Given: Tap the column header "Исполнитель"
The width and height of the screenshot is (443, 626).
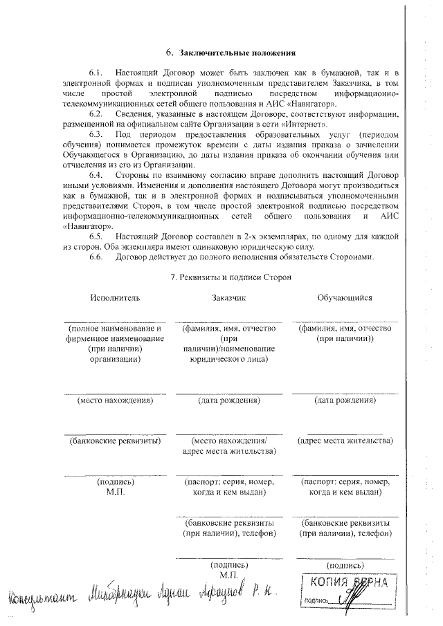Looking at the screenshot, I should (114, 297).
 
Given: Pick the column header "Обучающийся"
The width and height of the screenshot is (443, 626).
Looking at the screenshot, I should (345, 297).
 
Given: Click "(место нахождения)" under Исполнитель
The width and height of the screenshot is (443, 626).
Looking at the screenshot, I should (114, 400).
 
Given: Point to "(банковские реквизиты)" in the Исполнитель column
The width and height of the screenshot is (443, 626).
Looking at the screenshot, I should (114, 440).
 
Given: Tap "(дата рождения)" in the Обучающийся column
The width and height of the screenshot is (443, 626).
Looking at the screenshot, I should (345, 400).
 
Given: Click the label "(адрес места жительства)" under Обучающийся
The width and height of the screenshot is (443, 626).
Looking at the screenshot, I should (345, 440).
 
